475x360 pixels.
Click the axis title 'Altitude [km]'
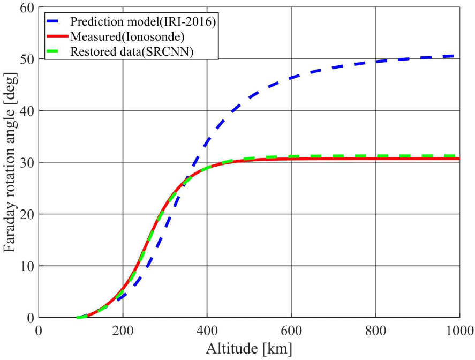click(249, 349)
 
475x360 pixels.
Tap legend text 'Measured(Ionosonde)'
click(127, 37)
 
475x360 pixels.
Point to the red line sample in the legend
click(56, 37)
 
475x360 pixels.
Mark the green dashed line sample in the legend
click(56, 51)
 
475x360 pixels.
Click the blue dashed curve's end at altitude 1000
click(458, 56)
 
